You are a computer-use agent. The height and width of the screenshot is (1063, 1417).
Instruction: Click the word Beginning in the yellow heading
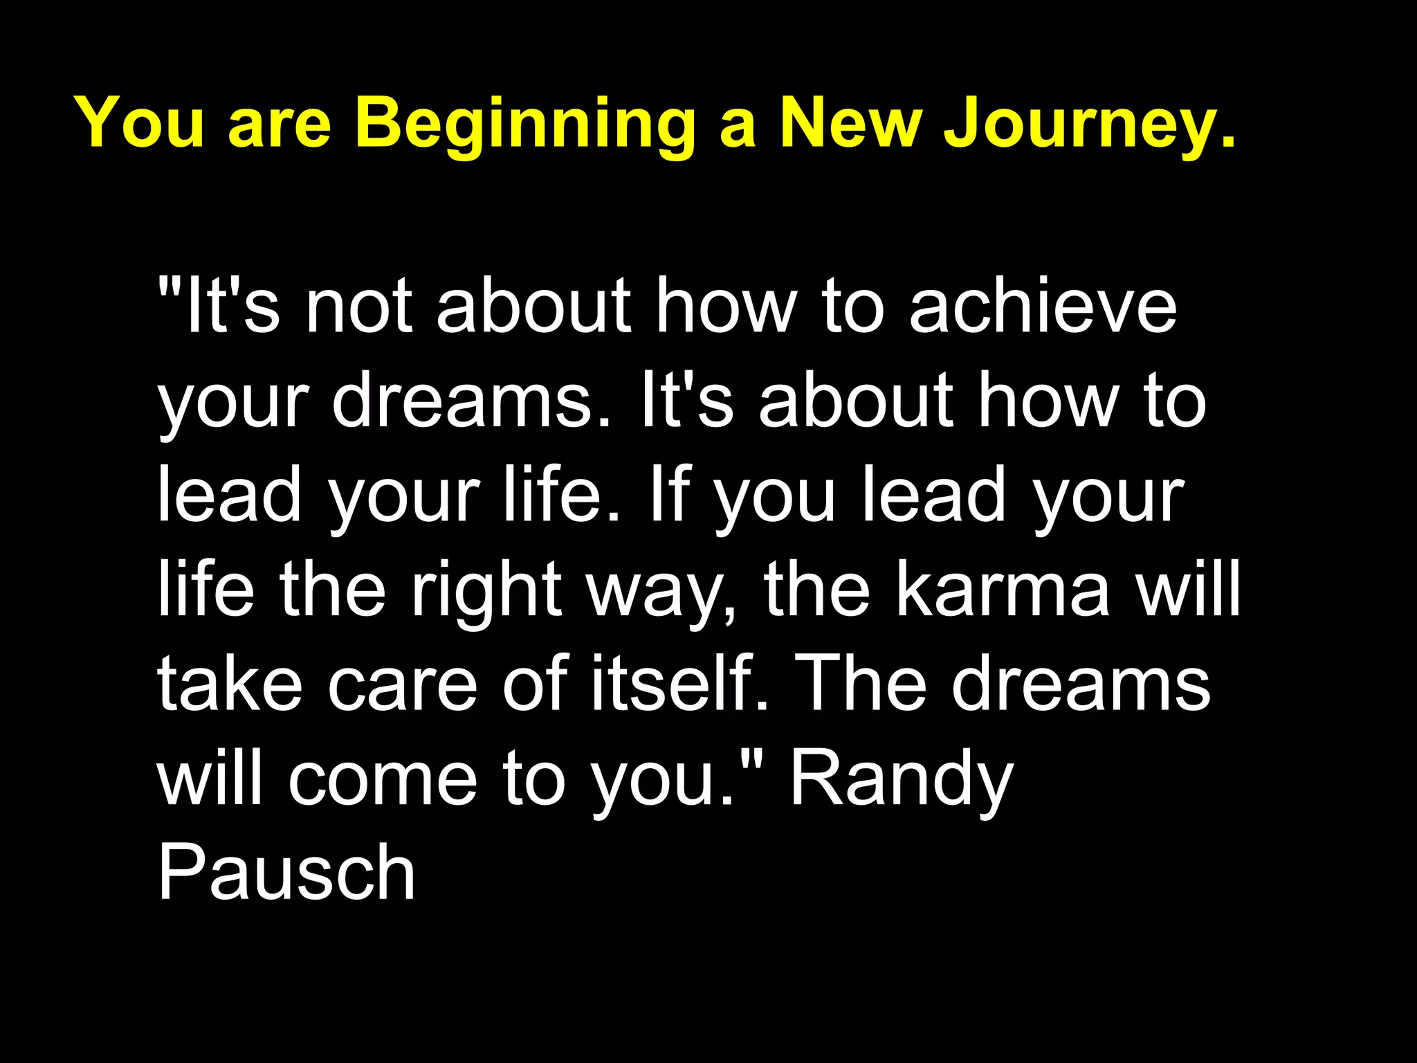click(526, 125)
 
